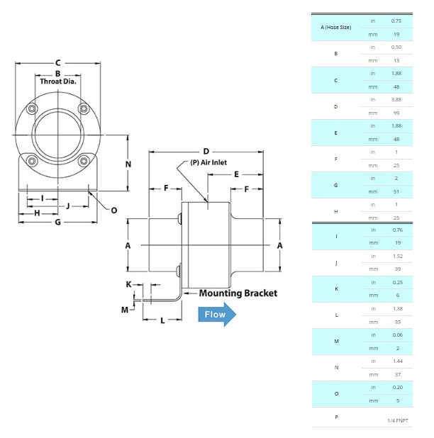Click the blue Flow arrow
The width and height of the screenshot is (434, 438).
click(x=216, y=315)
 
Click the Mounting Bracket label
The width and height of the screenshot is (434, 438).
click(x=238, y=293)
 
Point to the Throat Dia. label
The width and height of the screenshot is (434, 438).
click(x=58, y=82)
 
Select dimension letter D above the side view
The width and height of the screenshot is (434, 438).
click(x=206, y=151)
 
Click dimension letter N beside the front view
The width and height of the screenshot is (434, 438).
click(x=128, y=164)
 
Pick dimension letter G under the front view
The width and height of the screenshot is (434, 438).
click(x=57, y=222)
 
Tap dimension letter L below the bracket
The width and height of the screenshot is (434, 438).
click(x=162, y=320)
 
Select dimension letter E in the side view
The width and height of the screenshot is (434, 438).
click(x=235, y=174)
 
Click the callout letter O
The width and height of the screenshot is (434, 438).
click(x=113, y=210)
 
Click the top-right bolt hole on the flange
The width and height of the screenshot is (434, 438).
click(x=84, y=108)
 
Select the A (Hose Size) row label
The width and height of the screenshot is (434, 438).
click(x=336, y=27)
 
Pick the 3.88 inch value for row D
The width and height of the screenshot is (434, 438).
click(x=396, y=99)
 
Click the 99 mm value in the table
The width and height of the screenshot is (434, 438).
click(x=396, y=112)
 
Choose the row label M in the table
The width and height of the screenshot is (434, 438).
click(x=336, y=342)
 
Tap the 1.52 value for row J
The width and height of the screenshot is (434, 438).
click(x=396, y=257)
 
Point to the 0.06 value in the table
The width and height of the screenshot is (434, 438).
click(x=396, y=335)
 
